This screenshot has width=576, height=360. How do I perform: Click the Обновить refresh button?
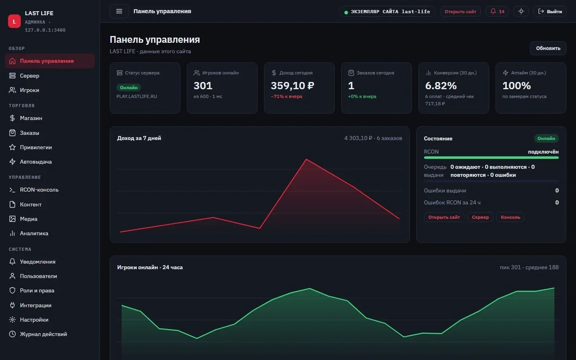click(x=548, y=48)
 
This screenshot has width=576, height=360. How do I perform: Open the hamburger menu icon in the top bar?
click(x=119, y=12)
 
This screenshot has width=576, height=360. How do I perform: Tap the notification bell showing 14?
click(x=497, y=12)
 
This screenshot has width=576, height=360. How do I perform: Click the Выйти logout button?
click(x=550, y=12)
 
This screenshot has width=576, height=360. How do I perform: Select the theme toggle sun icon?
click(x=521, y=12)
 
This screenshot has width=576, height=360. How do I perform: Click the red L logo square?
click(x=14, y=21)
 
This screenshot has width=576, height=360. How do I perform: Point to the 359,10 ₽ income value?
click(x=293, y=86)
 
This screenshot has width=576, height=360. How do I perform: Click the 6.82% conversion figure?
click(x=441, y=86)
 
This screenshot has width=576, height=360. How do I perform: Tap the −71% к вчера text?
click(x=286, y=96)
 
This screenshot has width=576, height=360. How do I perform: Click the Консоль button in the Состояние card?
click(x=510, y=217)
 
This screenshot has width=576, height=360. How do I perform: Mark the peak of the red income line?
click(x=306, y=159)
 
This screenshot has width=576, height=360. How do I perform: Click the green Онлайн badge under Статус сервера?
click(x=128, y=88)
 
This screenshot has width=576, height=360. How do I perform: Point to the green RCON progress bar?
click(x=491, y=158)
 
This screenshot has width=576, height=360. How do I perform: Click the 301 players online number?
click(x=203, y=86)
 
